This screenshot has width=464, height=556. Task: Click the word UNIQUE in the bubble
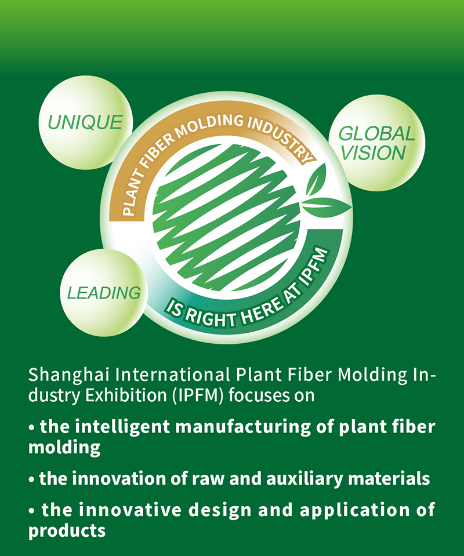point(85,122)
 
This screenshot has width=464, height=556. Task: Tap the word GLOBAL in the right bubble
point(376,134)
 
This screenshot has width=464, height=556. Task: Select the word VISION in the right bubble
point(373,153)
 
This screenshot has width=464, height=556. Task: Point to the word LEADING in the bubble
point(104,293)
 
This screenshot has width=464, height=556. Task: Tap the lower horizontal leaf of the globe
point(327,206)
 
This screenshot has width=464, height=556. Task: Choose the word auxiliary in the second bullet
point(304,479)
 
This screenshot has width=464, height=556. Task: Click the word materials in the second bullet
point(389,479)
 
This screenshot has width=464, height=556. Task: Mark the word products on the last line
point(67,531)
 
